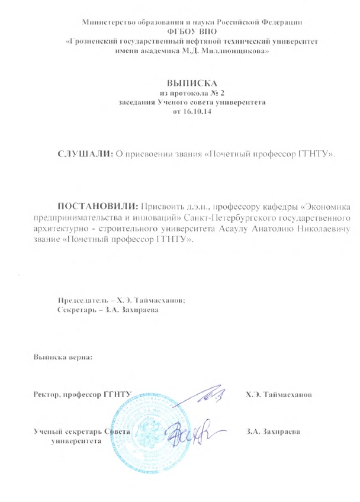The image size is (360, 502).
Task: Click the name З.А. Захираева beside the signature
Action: [273, 431]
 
